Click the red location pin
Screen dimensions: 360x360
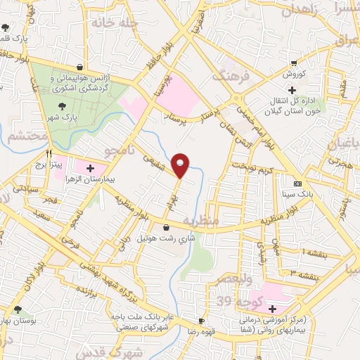(x=181, y=165)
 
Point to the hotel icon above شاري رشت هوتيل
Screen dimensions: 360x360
(x=166, y=226)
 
